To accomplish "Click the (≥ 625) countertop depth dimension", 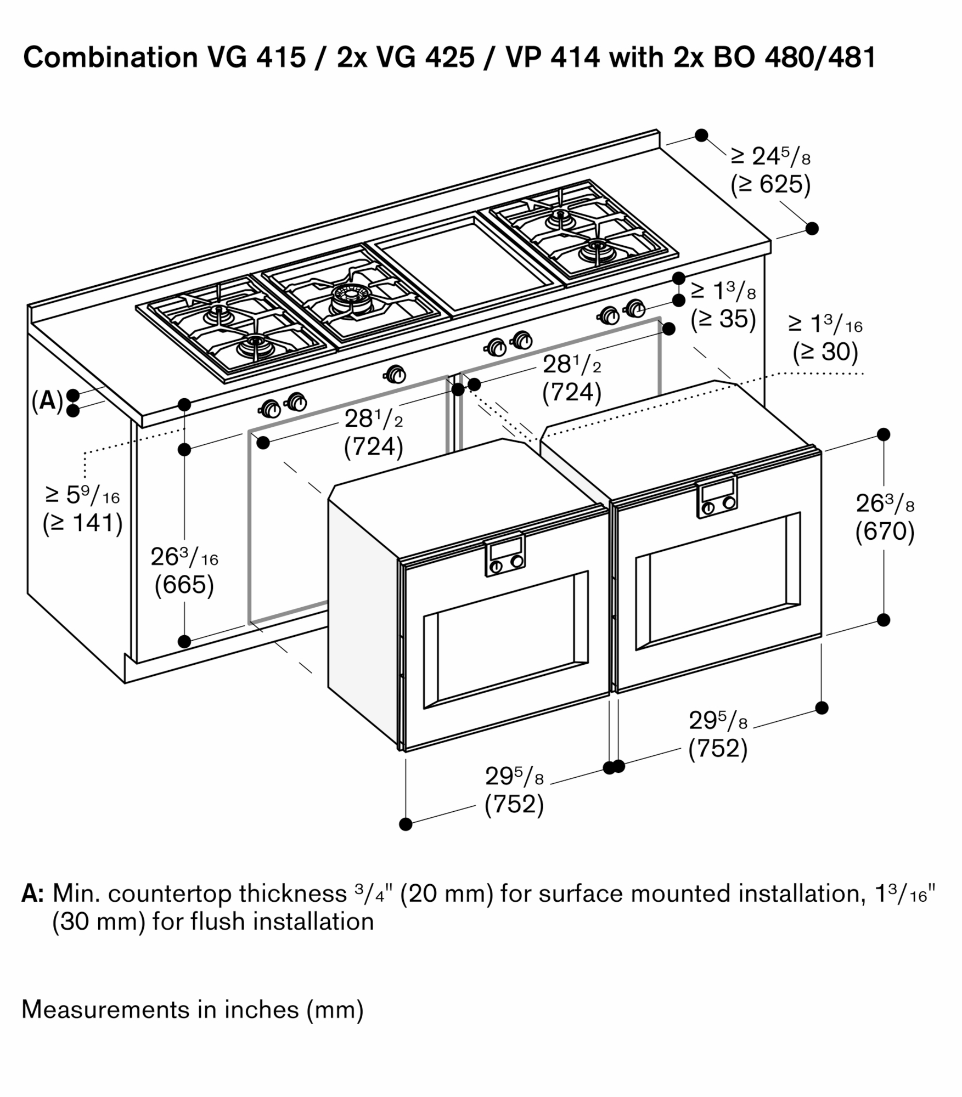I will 770,185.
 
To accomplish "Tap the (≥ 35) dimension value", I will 723,319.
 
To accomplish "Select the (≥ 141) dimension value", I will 83,523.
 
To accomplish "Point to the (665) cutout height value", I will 184,585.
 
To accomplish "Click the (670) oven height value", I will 885,531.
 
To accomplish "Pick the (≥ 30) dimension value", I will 825,352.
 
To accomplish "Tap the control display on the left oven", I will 504,550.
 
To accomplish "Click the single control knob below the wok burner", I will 395,375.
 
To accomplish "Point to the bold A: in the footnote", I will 33,893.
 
